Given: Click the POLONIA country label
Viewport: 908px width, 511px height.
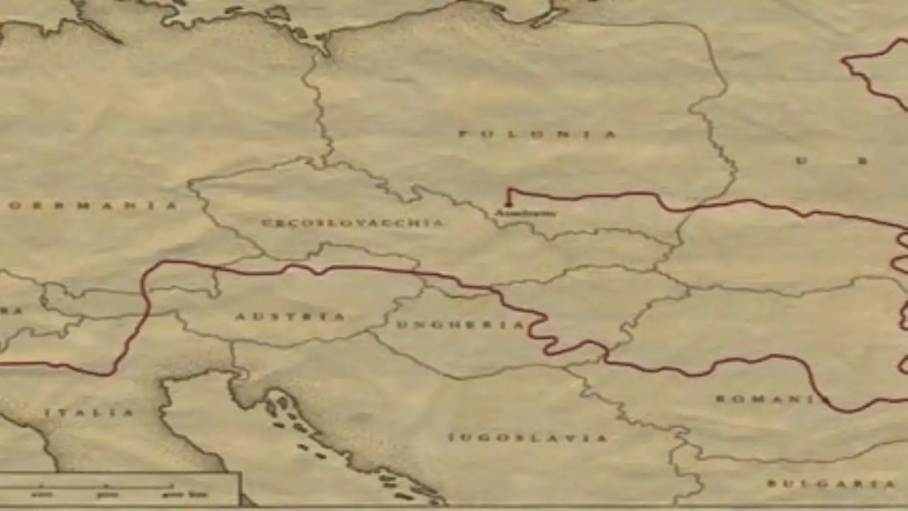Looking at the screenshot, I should pos(538,134).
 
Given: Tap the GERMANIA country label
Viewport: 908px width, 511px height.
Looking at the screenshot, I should pos(93,206).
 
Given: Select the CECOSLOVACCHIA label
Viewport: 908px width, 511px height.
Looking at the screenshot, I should pos(352,223).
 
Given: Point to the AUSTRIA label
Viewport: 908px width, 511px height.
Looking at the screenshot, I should pos(290,317).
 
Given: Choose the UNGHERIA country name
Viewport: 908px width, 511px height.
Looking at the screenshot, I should pos(460,325).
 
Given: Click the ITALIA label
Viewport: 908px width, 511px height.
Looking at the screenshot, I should pos(89,412).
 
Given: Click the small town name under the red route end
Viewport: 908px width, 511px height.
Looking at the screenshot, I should pos(525,213).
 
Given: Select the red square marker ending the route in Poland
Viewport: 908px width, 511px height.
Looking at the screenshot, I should pos(508,204).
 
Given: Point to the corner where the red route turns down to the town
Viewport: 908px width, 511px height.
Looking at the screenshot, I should pos(509,189).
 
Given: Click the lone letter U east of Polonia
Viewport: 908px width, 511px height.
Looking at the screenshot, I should pos(802,160).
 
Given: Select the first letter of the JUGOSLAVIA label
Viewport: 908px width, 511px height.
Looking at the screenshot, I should pos(452,437).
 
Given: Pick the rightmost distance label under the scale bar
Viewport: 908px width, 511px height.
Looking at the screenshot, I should pos(175,495).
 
